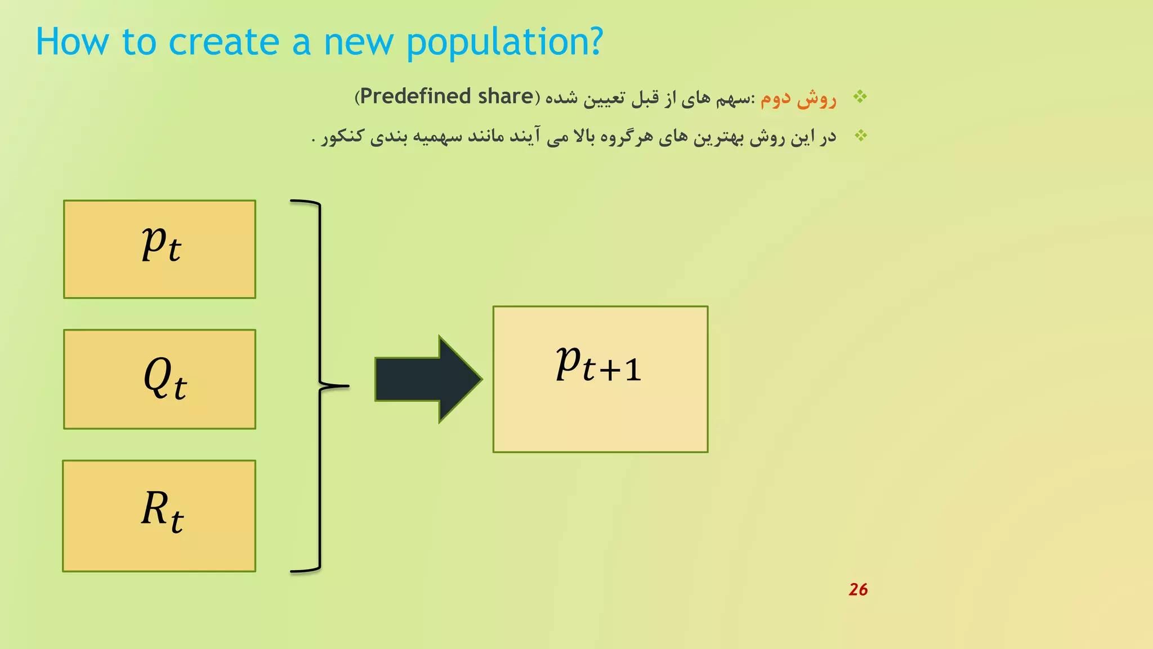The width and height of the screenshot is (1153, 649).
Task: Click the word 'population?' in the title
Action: [x=504, y=43]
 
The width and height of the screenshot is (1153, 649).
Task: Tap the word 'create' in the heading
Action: [x=224, y=43]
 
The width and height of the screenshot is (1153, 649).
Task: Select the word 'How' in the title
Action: [x=72, y=43]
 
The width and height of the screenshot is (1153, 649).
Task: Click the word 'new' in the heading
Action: [x=358, y=43]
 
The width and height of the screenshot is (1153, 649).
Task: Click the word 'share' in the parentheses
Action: [x=505, y=96]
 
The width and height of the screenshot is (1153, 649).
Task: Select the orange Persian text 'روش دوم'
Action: [x=798, y=99]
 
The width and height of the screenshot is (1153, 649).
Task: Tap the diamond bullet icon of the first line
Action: [x=860, y=97]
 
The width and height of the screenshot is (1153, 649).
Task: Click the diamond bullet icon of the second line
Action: [x=860, y=136]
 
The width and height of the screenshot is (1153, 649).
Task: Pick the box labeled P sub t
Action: [x=159, y=249]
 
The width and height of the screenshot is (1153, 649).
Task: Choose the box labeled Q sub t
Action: [x=159, y=379]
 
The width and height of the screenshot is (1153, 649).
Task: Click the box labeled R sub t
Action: [x=159, y=516]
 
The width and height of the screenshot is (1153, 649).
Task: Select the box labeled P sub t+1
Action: [x=600, y=379]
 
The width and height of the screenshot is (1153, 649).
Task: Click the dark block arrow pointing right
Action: [x=428, y=379]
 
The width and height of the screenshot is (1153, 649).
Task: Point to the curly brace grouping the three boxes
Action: [x=320, y=386]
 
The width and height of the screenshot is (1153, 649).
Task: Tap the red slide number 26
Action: [x=858, y=589]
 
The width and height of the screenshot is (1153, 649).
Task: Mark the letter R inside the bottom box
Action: [x=154, y=508]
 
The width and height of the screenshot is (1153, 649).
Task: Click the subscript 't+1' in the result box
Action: [x=611, y=370]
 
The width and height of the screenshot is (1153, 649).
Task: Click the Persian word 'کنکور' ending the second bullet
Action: [x=343, y=137]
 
